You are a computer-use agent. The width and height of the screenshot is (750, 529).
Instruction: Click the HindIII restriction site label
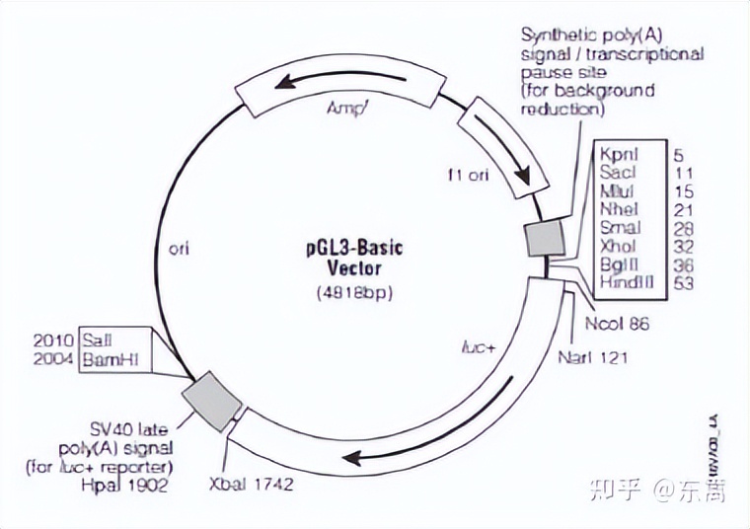click(x=623, y=282)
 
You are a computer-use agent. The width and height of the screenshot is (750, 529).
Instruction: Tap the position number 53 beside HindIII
click(x=682, y=282)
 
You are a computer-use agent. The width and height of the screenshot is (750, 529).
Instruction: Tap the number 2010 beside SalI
click(x=52, y=340)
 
